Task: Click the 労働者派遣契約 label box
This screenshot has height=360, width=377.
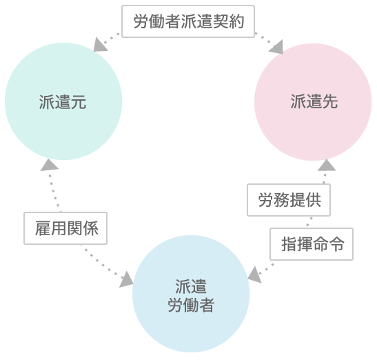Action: [x=188, y=21]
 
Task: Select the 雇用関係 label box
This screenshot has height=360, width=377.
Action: [x=65, y=228]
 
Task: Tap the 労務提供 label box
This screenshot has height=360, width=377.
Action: [x=289, y=200]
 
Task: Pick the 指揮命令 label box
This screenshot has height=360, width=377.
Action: [x=312, y=244]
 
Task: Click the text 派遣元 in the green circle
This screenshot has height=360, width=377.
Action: [x=63, y=102]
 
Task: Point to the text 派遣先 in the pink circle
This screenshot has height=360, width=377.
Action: [x=314, y=101]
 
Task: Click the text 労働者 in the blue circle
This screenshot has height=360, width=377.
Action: [x=191, y=305]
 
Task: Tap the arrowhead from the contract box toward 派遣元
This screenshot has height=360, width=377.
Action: [x=100, y=45]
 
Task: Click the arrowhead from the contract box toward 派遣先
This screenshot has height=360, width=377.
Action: [x=276, y=47]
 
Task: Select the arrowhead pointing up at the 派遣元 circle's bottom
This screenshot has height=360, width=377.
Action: [x=50, y=165]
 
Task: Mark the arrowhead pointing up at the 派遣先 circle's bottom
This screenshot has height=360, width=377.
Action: [x=327, y=165]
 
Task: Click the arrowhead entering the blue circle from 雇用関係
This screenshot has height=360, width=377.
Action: [x=126, y=279]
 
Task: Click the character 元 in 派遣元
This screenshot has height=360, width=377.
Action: [x=79, y=102]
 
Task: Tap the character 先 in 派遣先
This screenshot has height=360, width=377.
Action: [x=330, y=101]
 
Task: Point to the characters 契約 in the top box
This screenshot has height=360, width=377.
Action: [x=228, y=21]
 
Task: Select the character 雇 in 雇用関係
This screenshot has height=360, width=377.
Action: [x=43, y=228]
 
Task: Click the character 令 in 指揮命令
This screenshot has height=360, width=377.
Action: [x=336, y=244]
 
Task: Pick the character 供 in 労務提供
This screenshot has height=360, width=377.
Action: [x=314, y=200]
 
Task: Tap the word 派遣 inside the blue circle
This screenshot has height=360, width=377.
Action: [x=191, y=287]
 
